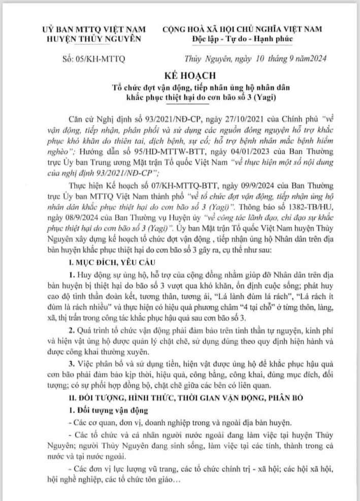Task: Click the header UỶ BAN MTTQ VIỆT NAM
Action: [83, 29]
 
